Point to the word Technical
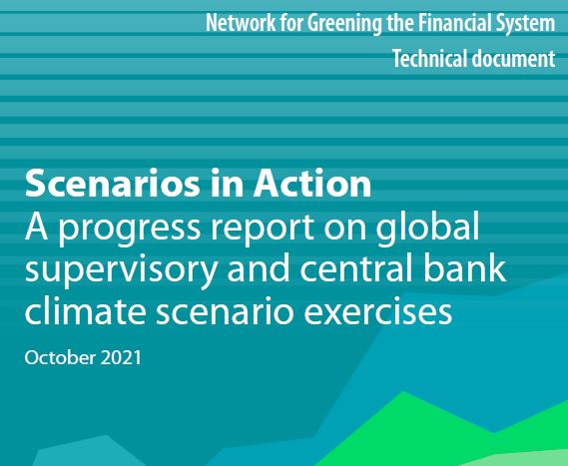click(x=431, y=59)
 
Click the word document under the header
click(x=514, y=59)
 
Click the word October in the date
click(x=58, y=356)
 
